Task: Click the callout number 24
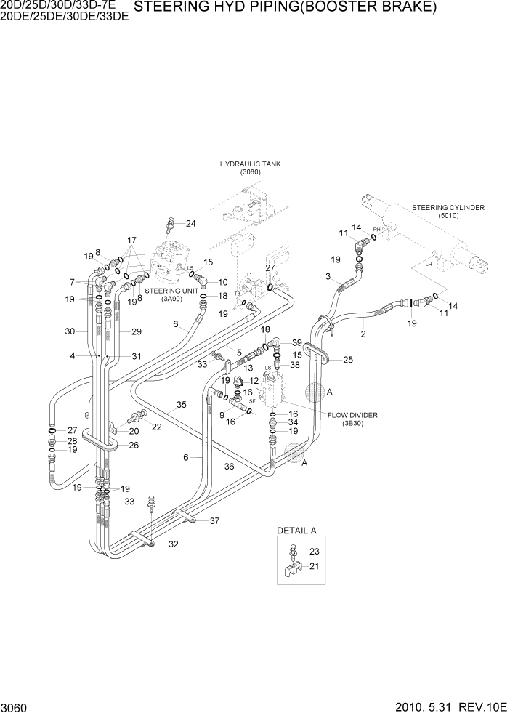tap(190, 223)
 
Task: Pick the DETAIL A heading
tap(298, 531)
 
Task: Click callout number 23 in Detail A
tap(314, 551)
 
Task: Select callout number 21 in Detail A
tap(314, 566)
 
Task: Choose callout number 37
tap(214, 520)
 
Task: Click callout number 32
tap(173, 544)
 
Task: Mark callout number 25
tap(347, 360)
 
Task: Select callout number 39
tap(296, 342)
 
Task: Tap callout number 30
tap(70, 331)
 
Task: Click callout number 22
tap(156, 427)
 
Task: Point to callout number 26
tap(133, 446)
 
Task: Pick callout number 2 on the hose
tap(363, 334)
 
